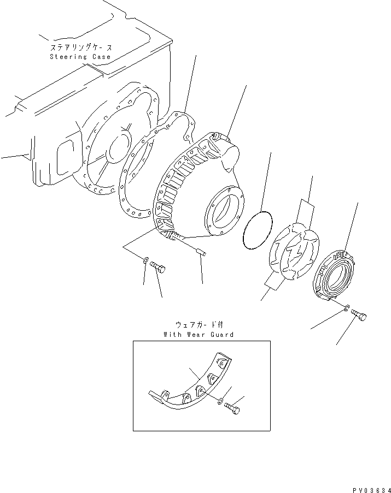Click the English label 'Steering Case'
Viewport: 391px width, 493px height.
pos(80,57)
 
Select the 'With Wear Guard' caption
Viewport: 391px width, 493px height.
pos(198,334)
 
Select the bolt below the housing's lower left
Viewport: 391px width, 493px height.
pos(159,267)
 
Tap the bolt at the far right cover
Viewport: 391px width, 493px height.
pos(360,315)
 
